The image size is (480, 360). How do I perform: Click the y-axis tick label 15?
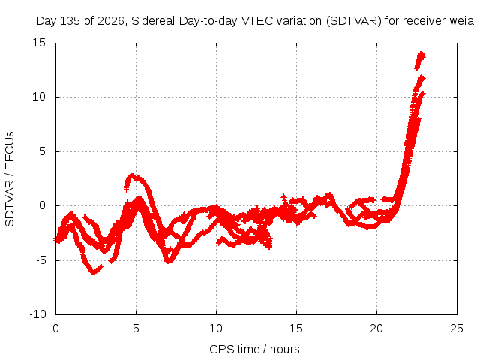[x=39, y=43]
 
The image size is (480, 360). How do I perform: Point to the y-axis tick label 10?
[x=39, y=97]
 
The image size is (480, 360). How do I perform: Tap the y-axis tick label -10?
[x=37, y=314]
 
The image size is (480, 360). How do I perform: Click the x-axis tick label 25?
[x=457, y=328]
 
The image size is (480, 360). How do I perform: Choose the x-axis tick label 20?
[x=376, y=328]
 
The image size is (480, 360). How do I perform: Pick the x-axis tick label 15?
[x=296, y=328]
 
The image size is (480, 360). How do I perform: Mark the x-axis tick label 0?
[x=55, y=328]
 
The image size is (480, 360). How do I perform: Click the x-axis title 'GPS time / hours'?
[x=254, y=349]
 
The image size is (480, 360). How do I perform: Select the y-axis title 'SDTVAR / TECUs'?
[x=10, y=179]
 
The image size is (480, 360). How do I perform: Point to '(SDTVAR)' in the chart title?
[x=353, y=21]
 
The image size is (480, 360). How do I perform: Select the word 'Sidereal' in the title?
[x=153, y=21]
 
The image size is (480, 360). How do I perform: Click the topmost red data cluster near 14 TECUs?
[x=420, y=60]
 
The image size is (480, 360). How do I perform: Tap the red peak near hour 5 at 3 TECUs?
[x=132, y=175]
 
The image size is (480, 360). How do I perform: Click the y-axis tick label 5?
[x=42, y=151]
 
